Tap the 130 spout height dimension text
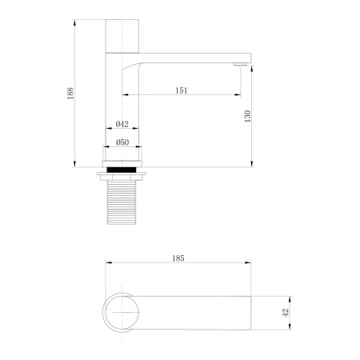249,115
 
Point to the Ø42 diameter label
122,124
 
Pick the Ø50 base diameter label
122,142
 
